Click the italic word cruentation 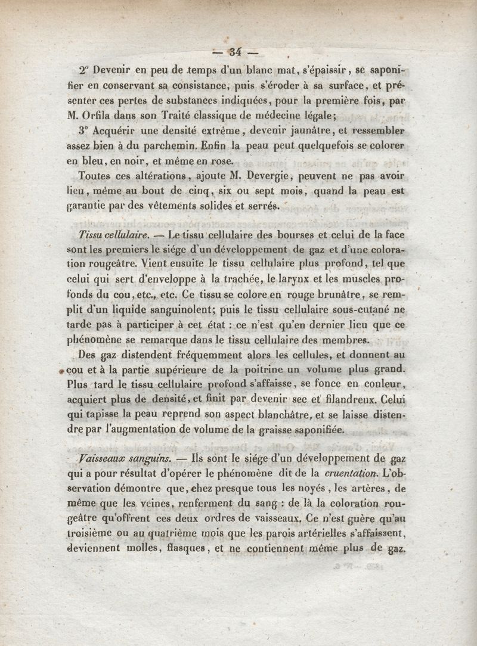coord(351,474)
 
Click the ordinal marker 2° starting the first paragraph coord(82,69)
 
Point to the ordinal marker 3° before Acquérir coord(82,131)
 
